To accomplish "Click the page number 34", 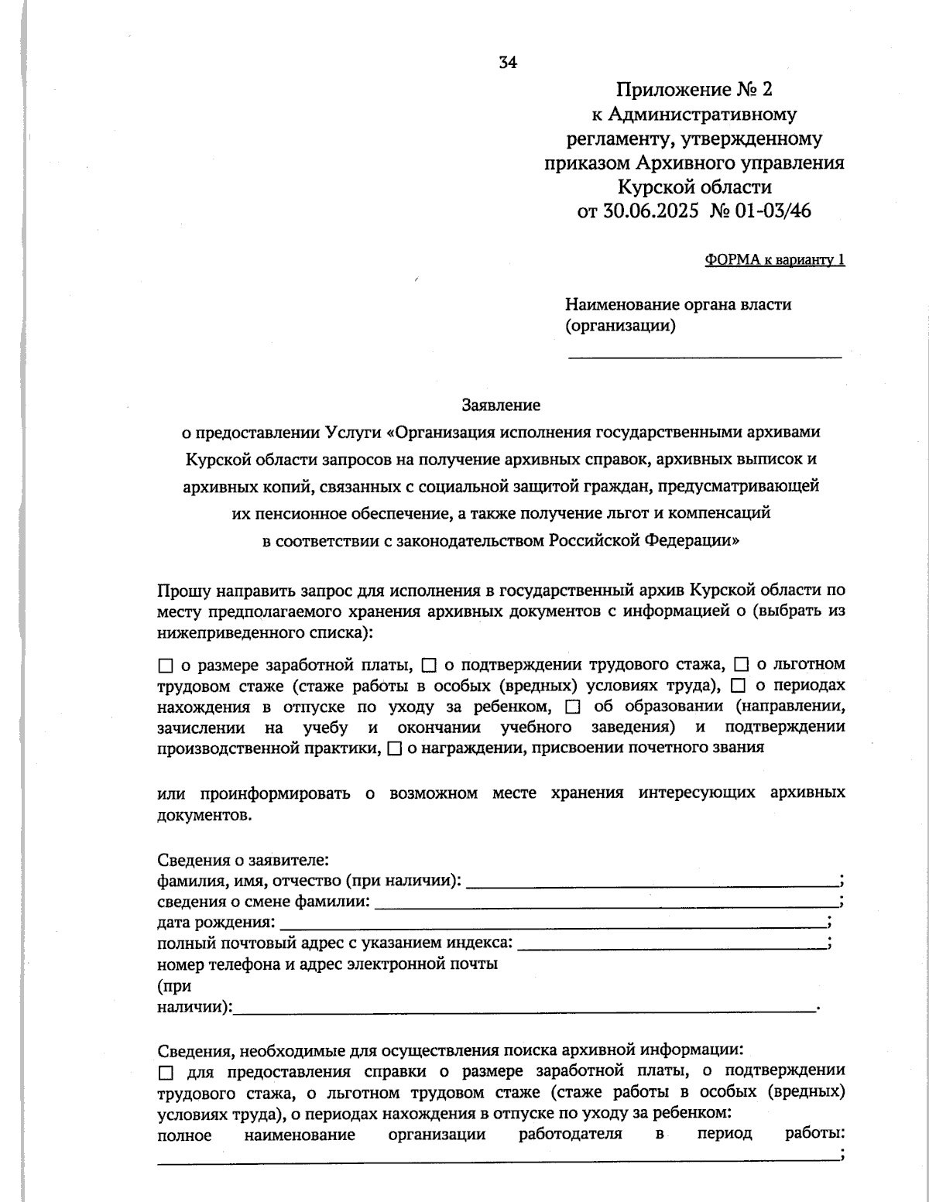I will (x=508, y=63).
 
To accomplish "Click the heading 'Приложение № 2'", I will (x=694, y=89).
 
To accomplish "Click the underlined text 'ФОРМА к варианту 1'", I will (x=774, y=260).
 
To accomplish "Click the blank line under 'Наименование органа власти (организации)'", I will (x=704, y=354).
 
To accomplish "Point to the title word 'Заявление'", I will (x=501, y=404).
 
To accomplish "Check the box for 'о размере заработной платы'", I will (x=165, y=666).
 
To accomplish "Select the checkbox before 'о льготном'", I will (x=741, y=666).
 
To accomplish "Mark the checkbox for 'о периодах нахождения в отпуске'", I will (x=738, y=687).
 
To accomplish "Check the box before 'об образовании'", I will (x=573, y=707).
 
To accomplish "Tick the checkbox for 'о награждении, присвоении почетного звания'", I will (x=394, y=749).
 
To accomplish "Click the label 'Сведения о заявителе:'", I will (x=243, y=861).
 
